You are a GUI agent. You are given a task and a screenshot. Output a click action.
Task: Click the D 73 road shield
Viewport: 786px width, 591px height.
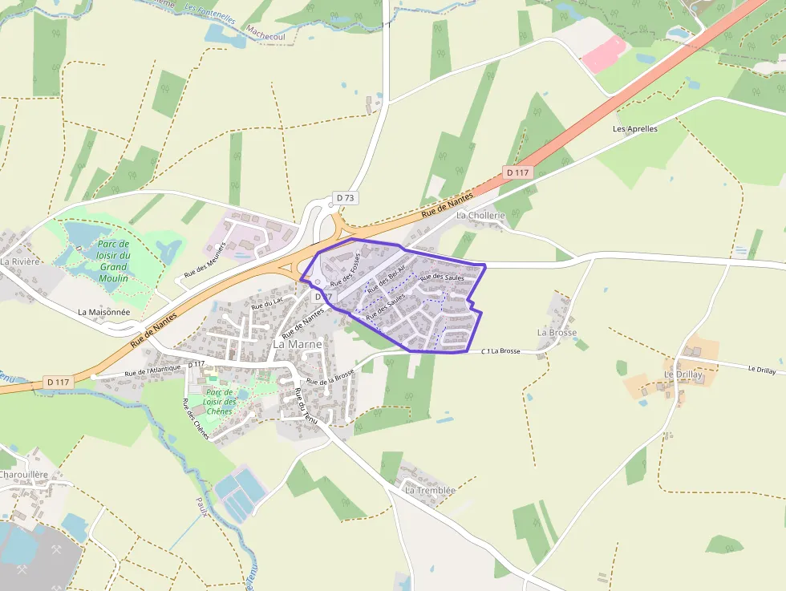[345, 197]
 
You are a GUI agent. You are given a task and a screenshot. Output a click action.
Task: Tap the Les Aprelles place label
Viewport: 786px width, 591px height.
[634, 128]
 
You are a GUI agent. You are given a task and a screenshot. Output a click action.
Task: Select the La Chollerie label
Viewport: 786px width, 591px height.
[480, 216]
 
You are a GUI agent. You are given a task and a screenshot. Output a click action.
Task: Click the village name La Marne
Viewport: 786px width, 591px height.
[298, 344]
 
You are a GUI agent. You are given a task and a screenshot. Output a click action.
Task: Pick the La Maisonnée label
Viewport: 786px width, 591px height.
[104, 311]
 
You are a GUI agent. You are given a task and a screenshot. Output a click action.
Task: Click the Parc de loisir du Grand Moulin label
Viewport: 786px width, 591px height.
[113, 261]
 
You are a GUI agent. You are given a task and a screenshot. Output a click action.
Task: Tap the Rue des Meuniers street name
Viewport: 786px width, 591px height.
[205, 259]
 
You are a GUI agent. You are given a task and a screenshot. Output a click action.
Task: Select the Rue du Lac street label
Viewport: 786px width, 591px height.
[267, 303]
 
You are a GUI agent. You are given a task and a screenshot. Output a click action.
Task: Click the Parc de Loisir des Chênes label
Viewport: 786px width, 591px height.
[219, 402]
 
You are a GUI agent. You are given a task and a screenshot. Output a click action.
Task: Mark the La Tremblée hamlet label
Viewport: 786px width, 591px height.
[430, 491]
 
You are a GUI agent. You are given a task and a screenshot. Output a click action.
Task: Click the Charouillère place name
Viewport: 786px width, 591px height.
[24, 475]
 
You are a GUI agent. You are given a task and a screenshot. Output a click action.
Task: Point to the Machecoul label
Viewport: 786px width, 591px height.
[266, 36]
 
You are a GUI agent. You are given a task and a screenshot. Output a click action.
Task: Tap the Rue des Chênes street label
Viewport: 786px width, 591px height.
[196, 418]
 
